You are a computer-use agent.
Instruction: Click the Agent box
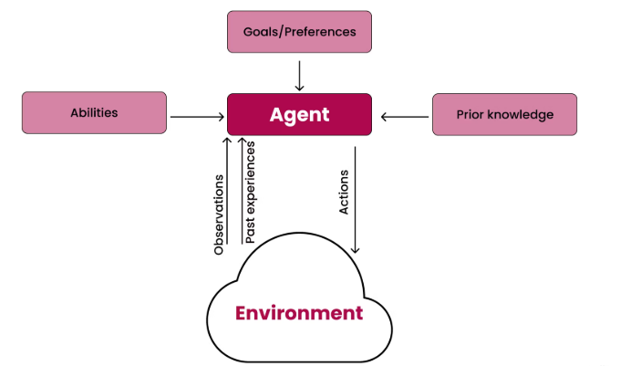299,115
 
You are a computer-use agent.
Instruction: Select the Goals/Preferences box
299,31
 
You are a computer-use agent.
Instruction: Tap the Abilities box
94,113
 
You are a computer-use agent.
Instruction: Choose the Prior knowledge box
504,115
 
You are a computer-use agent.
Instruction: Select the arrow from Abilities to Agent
197,116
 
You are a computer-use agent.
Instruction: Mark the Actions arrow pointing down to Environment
355,196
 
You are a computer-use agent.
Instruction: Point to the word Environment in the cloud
299,313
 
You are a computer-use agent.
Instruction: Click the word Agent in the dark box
299,115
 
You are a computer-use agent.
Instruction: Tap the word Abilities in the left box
94,113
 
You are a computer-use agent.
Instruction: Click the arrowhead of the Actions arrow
355,249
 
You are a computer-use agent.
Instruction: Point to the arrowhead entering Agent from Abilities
222,116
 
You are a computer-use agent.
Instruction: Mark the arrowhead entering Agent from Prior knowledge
384,116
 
